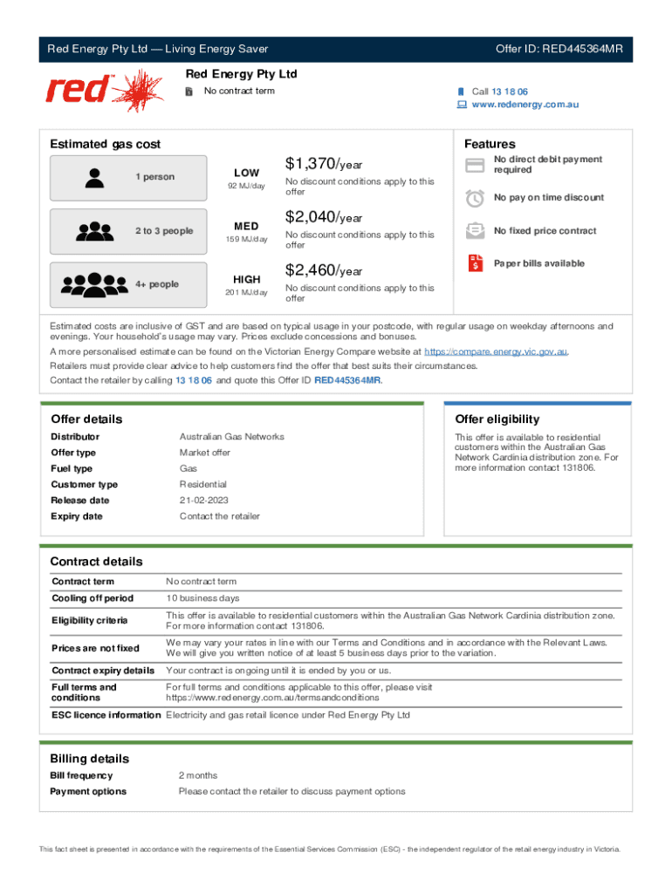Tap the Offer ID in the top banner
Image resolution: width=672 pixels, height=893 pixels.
click(559, 49)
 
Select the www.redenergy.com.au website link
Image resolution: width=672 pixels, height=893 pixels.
click(525, 105)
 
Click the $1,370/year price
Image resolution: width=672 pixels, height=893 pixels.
click(323, 164)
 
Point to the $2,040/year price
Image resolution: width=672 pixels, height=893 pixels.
click(323, 217)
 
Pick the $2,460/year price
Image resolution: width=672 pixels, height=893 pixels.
click(323, 271)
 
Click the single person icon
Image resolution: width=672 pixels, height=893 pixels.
click(94, 177)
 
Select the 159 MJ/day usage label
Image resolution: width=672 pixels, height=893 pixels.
click(246, 240)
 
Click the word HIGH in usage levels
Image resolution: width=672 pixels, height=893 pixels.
click(246, 279)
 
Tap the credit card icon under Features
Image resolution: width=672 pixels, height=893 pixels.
click(475, 165)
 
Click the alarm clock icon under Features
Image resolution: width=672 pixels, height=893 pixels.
click(475, 198)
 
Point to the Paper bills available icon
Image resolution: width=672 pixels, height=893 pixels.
click(475, 263)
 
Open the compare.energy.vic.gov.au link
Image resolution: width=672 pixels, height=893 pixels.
click(496, 351)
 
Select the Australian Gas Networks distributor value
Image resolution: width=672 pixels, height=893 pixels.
click(231, 437)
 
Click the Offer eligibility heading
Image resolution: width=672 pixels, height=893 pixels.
click(497, 419)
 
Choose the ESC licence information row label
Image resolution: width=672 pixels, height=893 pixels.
click(106, 715)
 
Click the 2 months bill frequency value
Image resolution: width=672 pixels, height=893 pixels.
click(198, 775)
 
